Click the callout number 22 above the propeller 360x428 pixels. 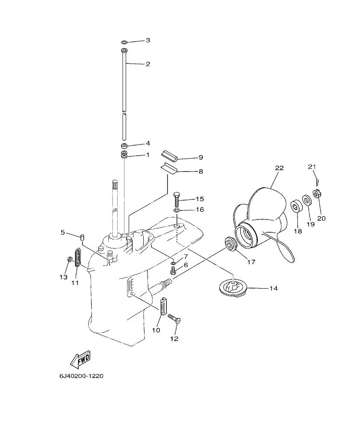pos(279,168)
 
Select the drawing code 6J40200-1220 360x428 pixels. pos(81,376)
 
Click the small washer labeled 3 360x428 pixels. pos(124,42)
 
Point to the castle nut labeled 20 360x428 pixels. pos(318,194)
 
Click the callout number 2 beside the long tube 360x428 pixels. pos(148,64)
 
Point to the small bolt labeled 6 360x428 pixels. pos(174,270)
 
